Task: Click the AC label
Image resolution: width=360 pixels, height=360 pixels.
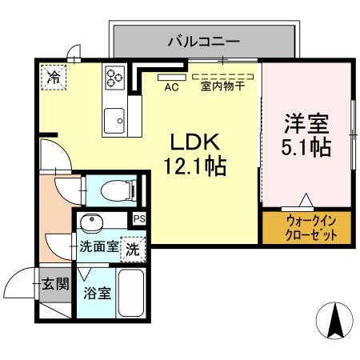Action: pyautogui.click(x=170, y=86)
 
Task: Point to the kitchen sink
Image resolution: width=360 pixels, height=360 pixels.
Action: pyautogui.click(x=114, y=121)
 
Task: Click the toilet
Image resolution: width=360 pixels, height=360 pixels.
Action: pyautogui.click(x=116, y=190)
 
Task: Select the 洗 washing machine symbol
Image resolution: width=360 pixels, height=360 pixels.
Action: pyautogui.click(x=134, y=247)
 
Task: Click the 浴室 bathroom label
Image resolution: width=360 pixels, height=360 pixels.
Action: pyautogui.click(x=98, y=291)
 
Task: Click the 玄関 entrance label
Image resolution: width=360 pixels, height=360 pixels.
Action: pyautogui.click(x=54, y=283)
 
